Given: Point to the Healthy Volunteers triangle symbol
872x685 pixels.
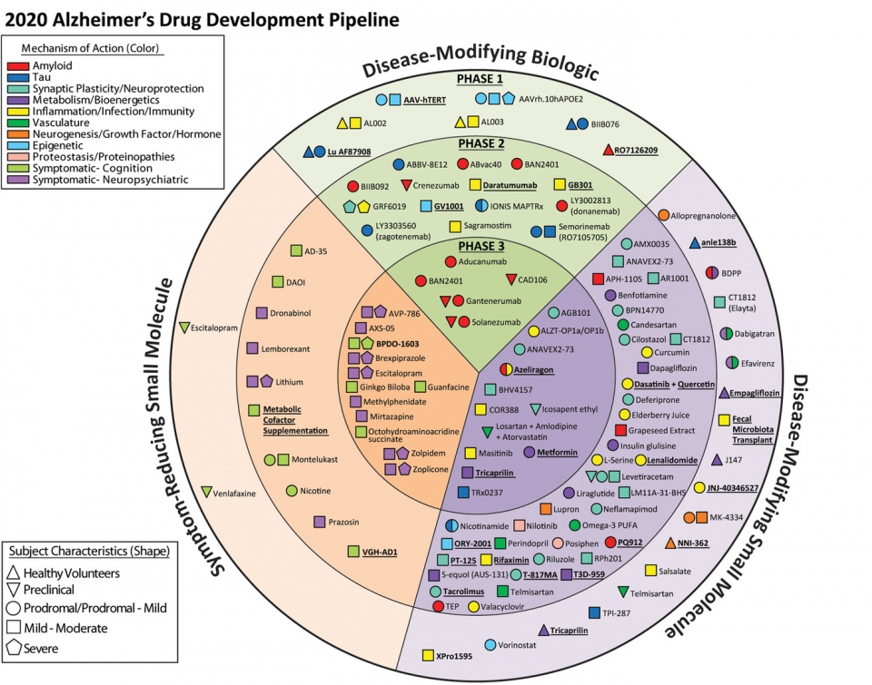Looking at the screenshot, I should coord(13,572).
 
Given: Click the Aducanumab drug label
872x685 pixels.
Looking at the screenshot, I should coord(482,261).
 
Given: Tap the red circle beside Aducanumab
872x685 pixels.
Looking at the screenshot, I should coord(449,261).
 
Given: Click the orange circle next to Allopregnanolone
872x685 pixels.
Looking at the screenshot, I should coord(663,215).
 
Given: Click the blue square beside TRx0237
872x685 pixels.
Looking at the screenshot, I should coord(463,492).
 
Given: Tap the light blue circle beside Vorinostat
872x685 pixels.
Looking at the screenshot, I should coord(490,645).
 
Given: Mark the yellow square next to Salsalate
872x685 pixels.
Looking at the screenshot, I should coord(651,570).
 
